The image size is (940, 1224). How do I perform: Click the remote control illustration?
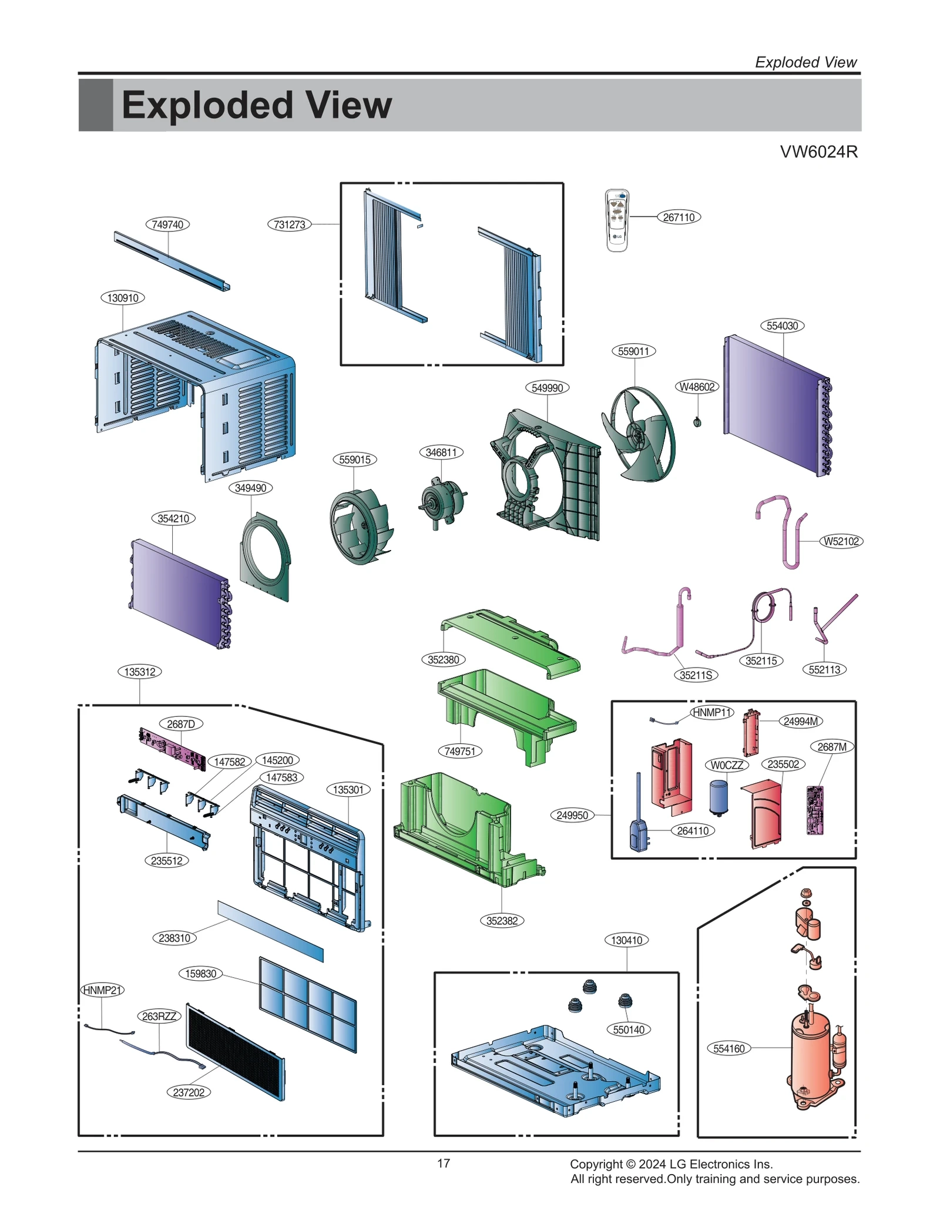pos(616,220)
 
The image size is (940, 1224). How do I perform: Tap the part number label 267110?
pos(679,217)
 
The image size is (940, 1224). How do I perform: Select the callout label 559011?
pos(633,351)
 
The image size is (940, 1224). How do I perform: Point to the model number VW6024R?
pos(818,152)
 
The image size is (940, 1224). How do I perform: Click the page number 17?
pos(444,1163)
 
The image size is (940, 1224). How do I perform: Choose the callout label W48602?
pos(697,387)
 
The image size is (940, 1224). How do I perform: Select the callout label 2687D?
pos(180,724)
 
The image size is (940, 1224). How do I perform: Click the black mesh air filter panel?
pos(235,1052)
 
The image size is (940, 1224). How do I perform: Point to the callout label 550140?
pos(628,1029)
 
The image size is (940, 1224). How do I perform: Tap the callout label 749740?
pos(167,224)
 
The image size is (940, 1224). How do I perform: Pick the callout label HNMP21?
pos(102,990)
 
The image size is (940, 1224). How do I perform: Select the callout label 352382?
pos(502,921)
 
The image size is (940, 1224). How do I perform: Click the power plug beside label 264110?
pos(639,831)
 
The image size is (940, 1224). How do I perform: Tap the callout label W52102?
pos(841,541)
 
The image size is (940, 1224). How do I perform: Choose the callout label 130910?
pos(123,298)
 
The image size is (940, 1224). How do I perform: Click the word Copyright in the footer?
pos(596,1164)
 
